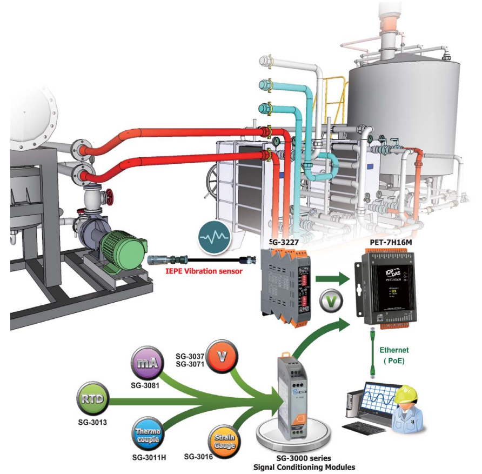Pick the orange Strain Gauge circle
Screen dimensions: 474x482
click(x=224, y=439)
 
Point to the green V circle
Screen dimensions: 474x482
click(x=330, y=301)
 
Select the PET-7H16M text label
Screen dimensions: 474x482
click(x=390, y=242)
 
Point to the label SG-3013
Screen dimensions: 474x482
click(x=91, y=421)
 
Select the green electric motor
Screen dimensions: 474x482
click(x=126, y=253)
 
